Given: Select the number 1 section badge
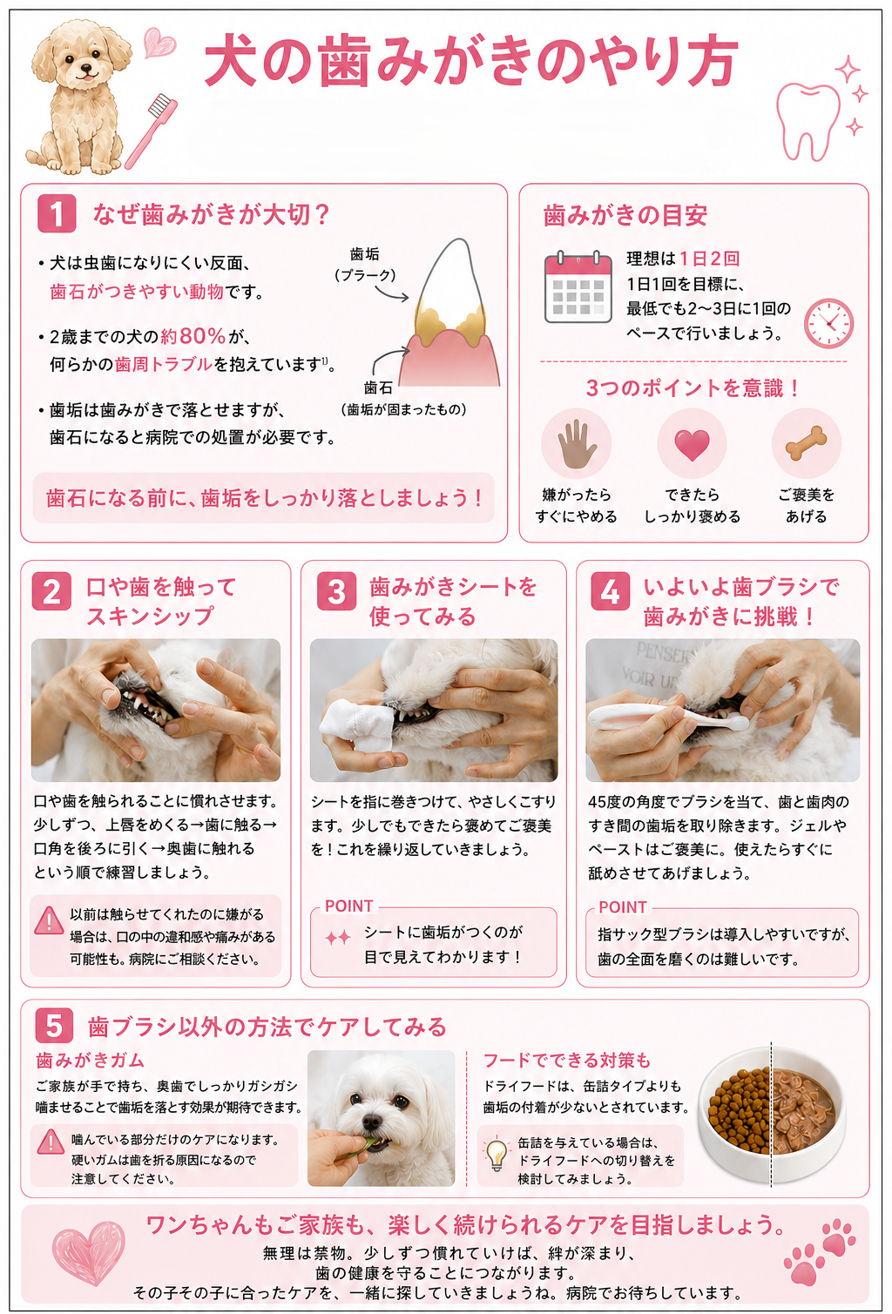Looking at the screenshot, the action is click(57, 213).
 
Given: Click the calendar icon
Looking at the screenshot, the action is click(578, 286).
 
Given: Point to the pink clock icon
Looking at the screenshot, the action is click(828, 324).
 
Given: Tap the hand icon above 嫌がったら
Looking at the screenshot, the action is click(577, 444).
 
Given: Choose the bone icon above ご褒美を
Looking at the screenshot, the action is click(807, 443).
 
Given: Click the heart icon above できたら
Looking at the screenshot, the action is click(692, 445).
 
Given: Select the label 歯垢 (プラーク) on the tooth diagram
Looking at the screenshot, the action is click(365, 264).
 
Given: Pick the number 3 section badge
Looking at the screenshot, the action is click(336, 591).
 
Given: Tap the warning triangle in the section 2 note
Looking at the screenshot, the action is click(50, 920).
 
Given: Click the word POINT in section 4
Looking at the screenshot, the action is click(622, 907).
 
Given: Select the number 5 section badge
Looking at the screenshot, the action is click(54, 1026).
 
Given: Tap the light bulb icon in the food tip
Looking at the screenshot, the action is click(497, 1153).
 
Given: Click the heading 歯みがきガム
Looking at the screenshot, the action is click(91, 1060).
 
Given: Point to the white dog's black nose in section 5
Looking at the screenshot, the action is click(371, 1122).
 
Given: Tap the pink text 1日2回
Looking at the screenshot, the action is click(709, 258).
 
